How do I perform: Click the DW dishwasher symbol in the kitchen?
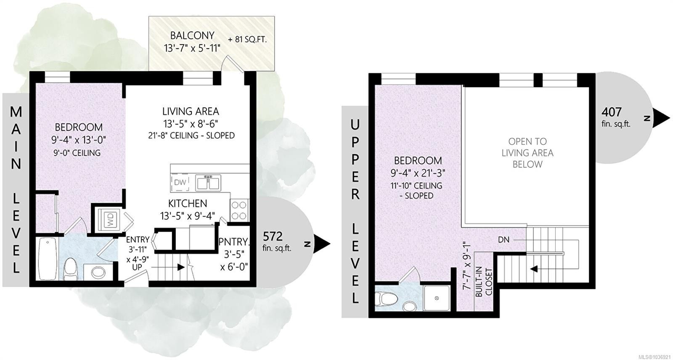(180, 182)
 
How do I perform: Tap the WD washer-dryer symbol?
(109, 220)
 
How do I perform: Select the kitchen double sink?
(208, 183)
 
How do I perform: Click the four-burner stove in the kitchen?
(240, 210)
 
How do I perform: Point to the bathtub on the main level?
(48, 259)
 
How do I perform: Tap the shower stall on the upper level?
(437, 298)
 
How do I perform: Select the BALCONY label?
(192, 35)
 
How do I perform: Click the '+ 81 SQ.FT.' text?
(247, 40)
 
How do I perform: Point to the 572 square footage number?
(273, 236)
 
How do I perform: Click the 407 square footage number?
(612, 112)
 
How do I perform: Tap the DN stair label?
(503, 240)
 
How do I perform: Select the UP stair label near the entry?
(137, 267)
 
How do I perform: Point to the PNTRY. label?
(234, 242)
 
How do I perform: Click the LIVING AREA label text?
(191, 111)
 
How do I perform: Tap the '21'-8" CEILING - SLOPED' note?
(191, 135)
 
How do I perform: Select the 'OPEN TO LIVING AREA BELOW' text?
(527, 153)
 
